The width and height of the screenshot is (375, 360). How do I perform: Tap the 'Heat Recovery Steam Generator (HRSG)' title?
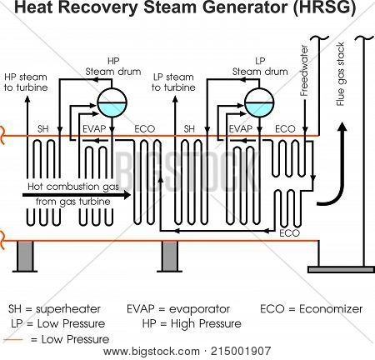coord(187,11)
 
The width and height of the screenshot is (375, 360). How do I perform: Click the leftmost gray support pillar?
coord(22,257)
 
